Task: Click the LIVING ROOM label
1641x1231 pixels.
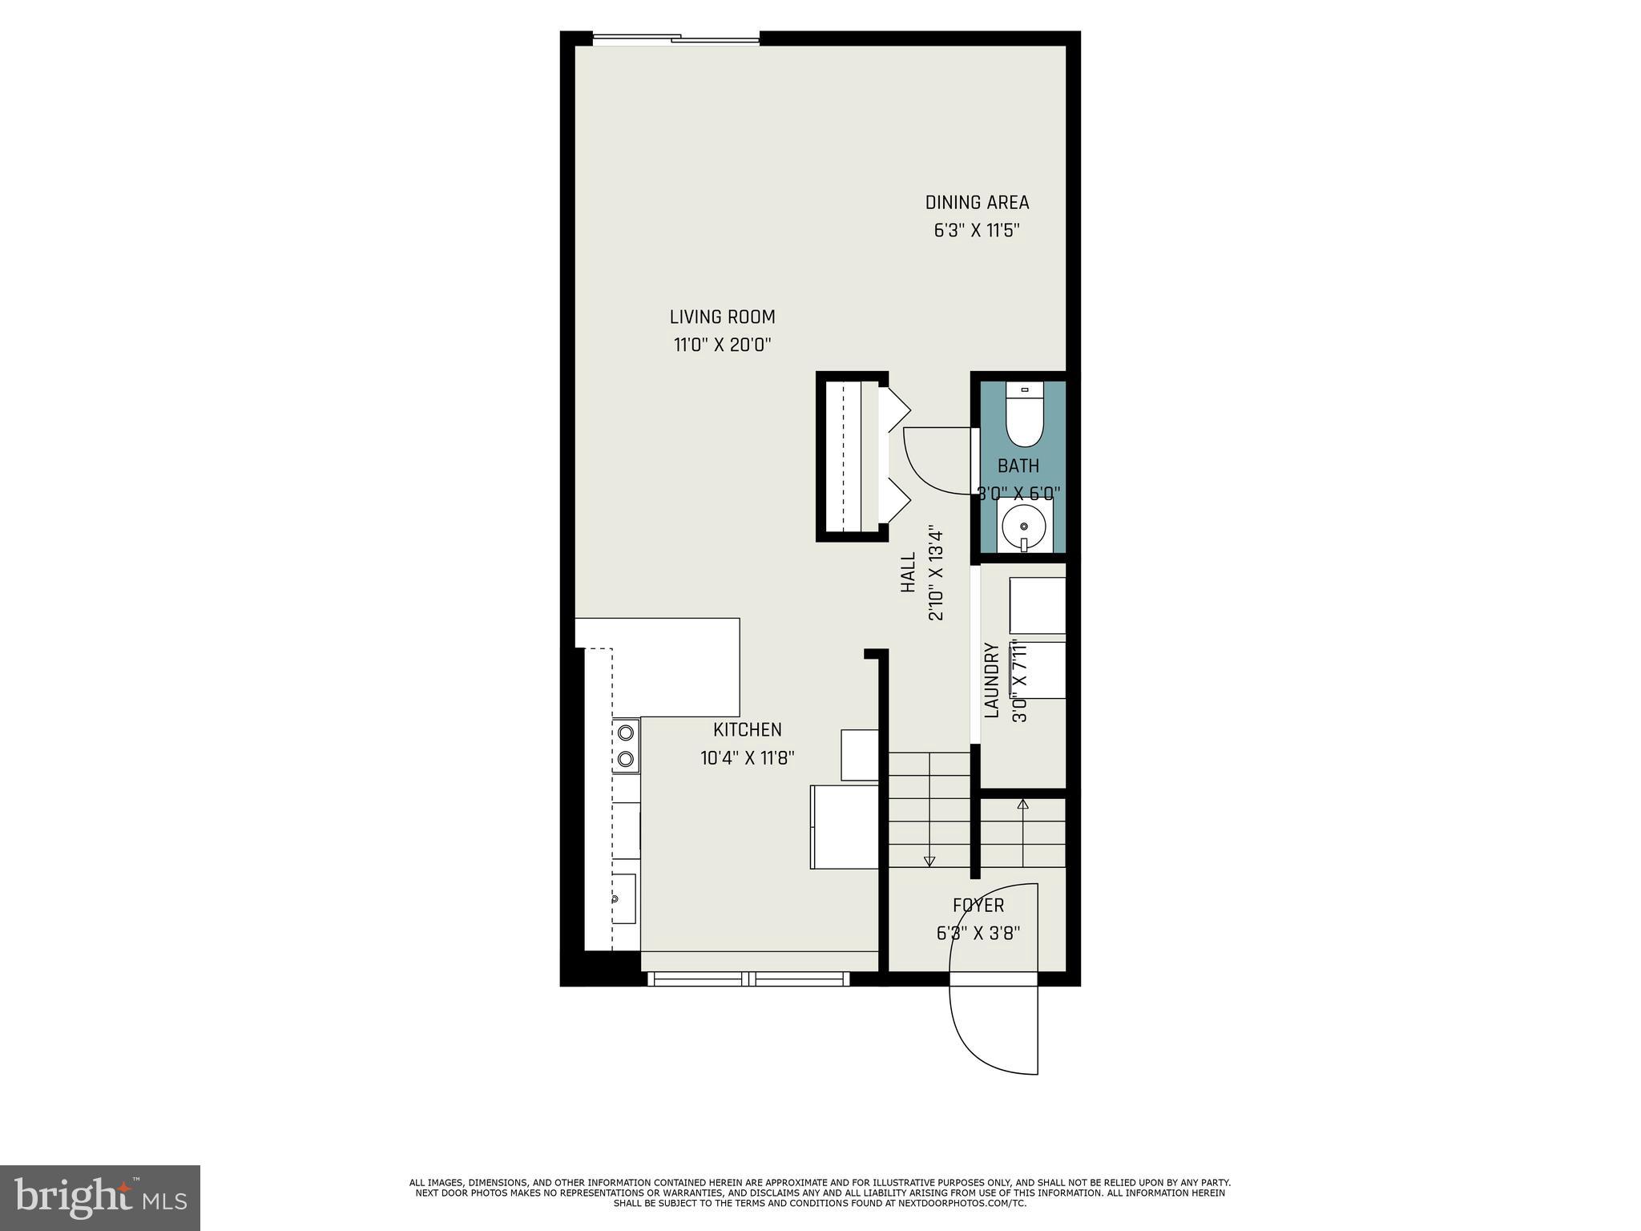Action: point(722,317)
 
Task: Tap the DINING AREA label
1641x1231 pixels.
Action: point(977,203)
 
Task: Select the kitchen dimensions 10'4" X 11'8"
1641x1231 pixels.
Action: point(747,758)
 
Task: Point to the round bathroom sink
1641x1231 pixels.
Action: point(1024,526)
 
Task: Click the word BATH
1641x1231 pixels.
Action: point(1018,466)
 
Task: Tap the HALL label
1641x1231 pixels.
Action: point(908,573)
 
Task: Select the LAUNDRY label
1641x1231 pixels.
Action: point(991,680)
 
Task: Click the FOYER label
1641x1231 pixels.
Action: point(978,906)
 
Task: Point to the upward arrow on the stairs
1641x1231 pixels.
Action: point(1022,805)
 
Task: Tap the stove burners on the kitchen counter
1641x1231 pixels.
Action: point(626,745)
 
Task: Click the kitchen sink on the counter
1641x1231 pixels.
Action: point(624,898)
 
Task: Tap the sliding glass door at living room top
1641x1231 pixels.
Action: point(675,38)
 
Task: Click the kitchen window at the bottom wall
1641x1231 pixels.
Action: point(748,979)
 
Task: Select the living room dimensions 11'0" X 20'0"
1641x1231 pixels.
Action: point(722,345)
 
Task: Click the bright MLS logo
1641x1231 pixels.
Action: point(100,1198)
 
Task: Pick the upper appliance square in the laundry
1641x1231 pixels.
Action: point(1037,605)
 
